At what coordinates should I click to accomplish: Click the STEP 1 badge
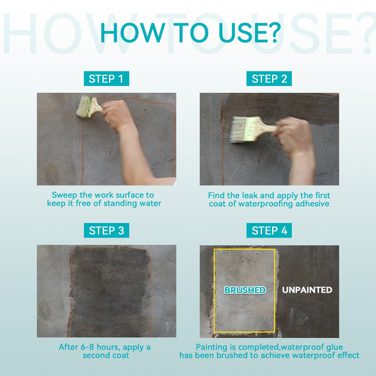coord(107,79)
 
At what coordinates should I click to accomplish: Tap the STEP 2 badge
coord(269,79)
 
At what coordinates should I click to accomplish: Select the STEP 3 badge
coord(107,231)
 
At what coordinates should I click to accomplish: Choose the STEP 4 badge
coord(269,231)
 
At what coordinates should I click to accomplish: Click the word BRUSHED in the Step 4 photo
coord(245,290)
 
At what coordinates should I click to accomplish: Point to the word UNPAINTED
coord(307,290)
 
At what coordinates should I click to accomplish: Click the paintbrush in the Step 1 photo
coord(89,107)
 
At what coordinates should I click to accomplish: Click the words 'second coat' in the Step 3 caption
coord(106,355)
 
